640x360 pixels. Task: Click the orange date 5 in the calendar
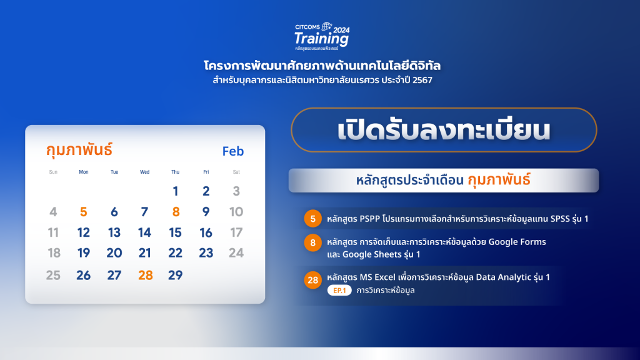pyautogui.click(x=83, y=212)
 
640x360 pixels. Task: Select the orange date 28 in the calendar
pyautogui.click(x=145, y=275)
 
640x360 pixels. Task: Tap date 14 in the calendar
pyautogui.click(x=144, y=232)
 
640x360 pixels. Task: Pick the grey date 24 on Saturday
pyautogui.click(x=236, y=253)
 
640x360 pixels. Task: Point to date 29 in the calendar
pyautogui.click(x=175, y=275)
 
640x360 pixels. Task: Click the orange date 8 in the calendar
pyautogui.click(x=176, y=212)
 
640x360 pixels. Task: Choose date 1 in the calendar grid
pyautogui.click(x=176, y=191)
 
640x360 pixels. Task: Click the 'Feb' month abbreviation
pyautogui.click(x=233, y=151)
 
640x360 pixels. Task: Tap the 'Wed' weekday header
pyautogui.click(x=144, y=172)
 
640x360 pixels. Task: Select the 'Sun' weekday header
pyautogui.click(x=53, y=172)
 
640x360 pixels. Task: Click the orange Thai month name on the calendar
pyautogui.click(x=79, y=150)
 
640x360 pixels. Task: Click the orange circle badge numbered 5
pyautogui.click(x=312, y=219)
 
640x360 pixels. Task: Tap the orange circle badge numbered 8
pyautogui.click(x=312, y=243)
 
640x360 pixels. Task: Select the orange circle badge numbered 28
pyautogui.click(x=312, y=280)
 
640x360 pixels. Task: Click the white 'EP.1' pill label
pyautogui.click(x=339, y=290)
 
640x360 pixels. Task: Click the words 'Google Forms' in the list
pyautogui.click(x=517, y=242)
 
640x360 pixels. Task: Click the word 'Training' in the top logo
pyautogui.click(x=321, y=39)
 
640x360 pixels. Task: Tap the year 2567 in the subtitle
pyautogui.click(x=422, y=80)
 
